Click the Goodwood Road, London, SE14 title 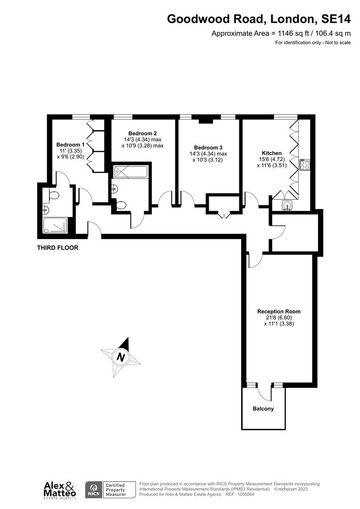click(x=259, y=19)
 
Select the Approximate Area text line click(x=281, y=33)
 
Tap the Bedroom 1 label click(x=70, y=145)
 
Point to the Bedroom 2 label click(x=142, y=133)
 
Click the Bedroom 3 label click(x=208, y=147)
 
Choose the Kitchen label click(x=271, y=153)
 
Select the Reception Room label click(x=278, y=311)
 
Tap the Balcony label click(x=263, y=409)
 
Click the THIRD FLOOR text click(x=57, y=247)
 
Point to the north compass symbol click(x=121, y=357)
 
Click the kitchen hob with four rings click(x=304, y=165)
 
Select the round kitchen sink click(x=287, y=205)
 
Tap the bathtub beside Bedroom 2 click(x=131, y=171)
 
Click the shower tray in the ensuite click(x=55, y=226)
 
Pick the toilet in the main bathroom click(x=122, y=205)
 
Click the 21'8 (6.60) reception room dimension click(x=278, y=317)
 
